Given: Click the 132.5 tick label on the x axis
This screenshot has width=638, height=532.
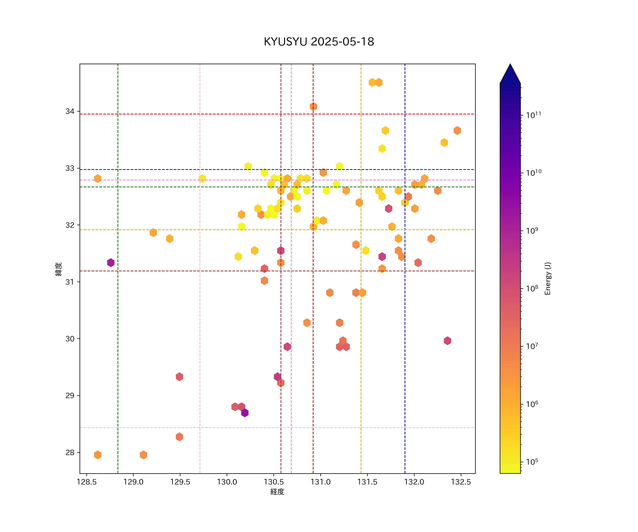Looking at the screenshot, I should coord(461,482).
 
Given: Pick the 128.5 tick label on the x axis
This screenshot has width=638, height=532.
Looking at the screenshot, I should coord(87,482).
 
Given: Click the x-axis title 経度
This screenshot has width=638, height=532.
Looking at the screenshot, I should coord(277,492).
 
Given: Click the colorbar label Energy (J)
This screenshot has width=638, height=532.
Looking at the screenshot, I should coord(547,278).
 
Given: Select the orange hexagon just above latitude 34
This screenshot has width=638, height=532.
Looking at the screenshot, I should coord(313,106).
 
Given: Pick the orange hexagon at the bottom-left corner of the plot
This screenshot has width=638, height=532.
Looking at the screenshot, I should coord(97,455).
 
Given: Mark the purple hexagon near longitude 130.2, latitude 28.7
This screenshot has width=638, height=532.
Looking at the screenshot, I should coord(245,413).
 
